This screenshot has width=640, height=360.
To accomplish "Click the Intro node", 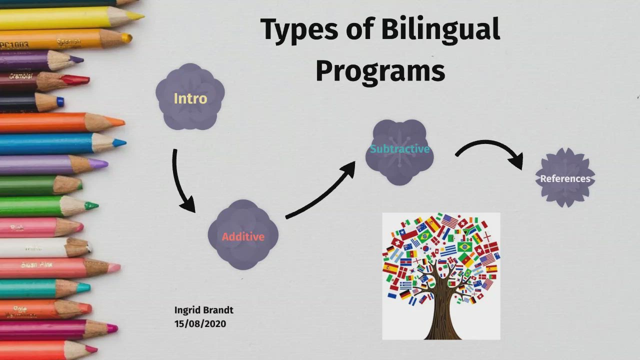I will [x=190, y=97].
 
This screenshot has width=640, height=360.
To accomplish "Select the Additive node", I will [x=243, y=236].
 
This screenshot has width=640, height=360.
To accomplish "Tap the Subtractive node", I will [x=399, y=149].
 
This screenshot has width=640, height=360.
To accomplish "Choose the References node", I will [x=565, y=178].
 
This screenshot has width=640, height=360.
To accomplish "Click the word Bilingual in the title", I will [x=440, y=30].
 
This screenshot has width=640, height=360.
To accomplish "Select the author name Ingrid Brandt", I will [x=203, y=310].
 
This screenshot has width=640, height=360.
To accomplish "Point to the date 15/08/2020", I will [x=200, y=323].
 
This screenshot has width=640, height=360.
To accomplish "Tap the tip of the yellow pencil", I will [x=137, y=16].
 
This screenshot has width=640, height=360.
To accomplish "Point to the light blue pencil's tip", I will [x=119, y=143].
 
